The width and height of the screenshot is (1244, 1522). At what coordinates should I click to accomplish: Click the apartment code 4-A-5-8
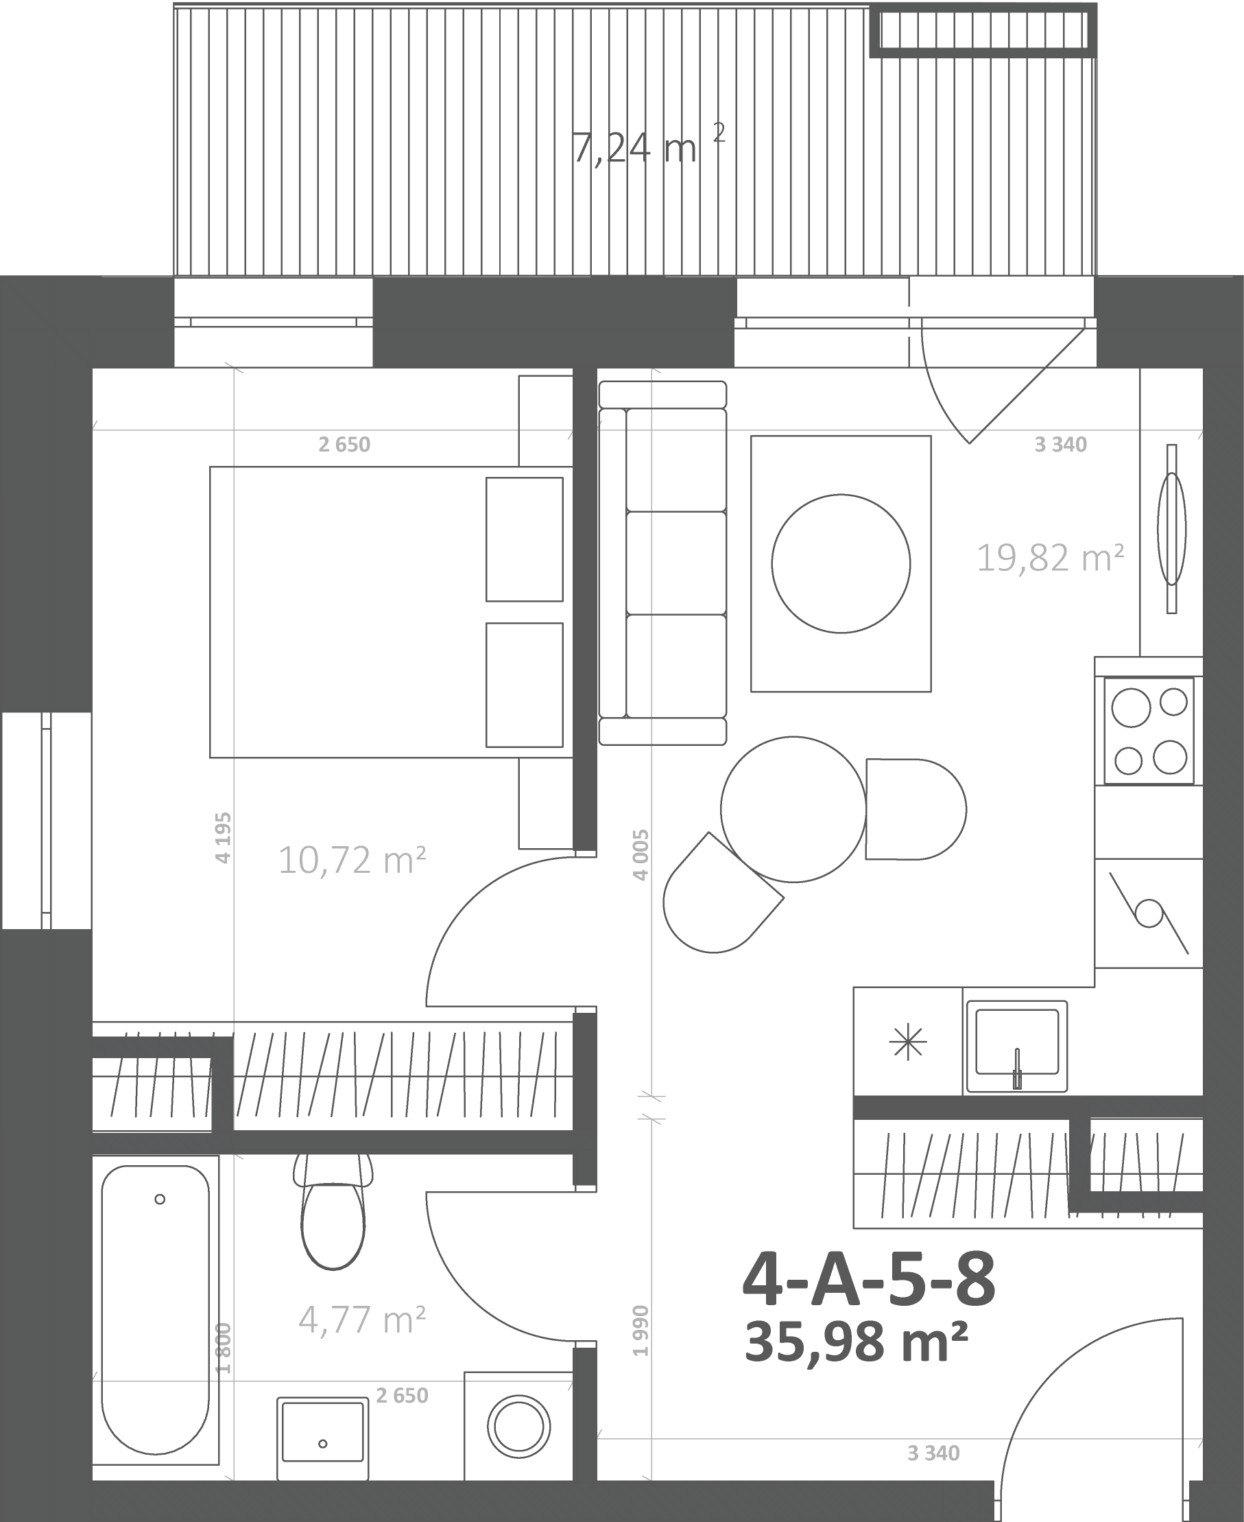[868, 1280]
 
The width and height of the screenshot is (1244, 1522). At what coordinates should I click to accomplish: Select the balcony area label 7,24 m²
[649, 147]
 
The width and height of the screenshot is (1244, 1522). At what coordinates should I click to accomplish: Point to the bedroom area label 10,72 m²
[352, 860]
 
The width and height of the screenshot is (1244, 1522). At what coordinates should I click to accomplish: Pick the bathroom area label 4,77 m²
[362, 1320]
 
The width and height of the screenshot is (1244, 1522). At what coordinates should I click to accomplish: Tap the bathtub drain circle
[160, 1199]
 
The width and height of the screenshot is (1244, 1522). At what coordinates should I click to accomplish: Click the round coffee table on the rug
[841, 563]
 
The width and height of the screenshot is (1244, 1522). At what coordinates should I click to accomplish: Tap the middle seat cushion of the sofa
[676, 563]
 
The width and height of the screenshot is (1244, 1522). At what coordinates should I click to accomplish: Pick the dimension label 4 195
[223, 837]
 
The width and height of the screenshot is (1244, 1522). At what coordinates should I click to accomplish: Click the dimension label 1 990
[641, 1331]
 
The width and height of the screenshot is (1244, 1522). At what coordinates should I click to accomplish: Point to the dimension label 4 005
[641, 854]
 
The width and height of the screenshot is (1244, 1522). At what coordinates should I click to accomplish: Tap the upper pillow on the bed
[525, 539]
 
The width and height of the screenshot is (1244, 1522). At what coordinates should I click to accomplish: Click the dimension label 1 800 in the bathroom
[223, 1348]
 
